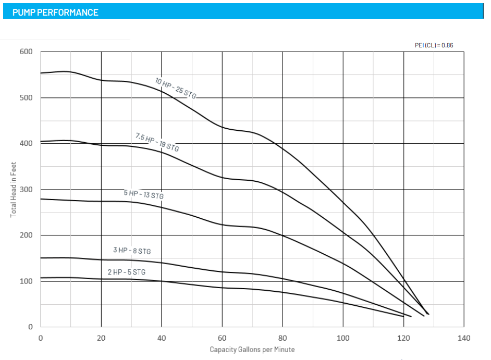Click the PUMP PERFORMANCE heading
(x=55, y=12)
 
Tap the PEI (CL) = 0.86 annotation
(x=434, y=45)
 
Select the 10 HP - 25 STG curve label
(x=176, y=88)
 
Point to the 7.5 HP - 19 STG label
(x=157, y=142)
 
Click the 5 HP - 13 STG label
(x=143, y=195)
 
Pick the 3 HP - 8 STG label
(x=132, y=251)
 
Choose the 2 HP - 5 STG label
(x=127, y=272)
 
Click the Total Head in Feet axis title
(x=14, y=189)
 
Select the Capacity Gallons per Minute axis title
(x=252, y=349)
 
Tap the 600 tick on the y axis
(x=27, y=52)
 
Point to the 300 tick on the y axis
(x=27, y=189)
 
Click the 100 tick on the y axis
(x=27, y=281)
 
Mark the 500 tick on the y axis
(x=27, y=98)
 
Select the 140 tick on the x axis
(x=463, y=338)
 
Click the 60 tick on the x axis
(x=222, y=338)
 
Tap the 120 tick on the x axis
(x=403, y=338)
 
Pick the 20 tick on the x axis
(x=101, y=338)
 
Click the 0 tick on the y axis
(x=30, y=327)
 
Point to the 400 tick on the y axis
(x=27, y=143)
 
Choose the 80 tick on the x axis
(x=283, y=338)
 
